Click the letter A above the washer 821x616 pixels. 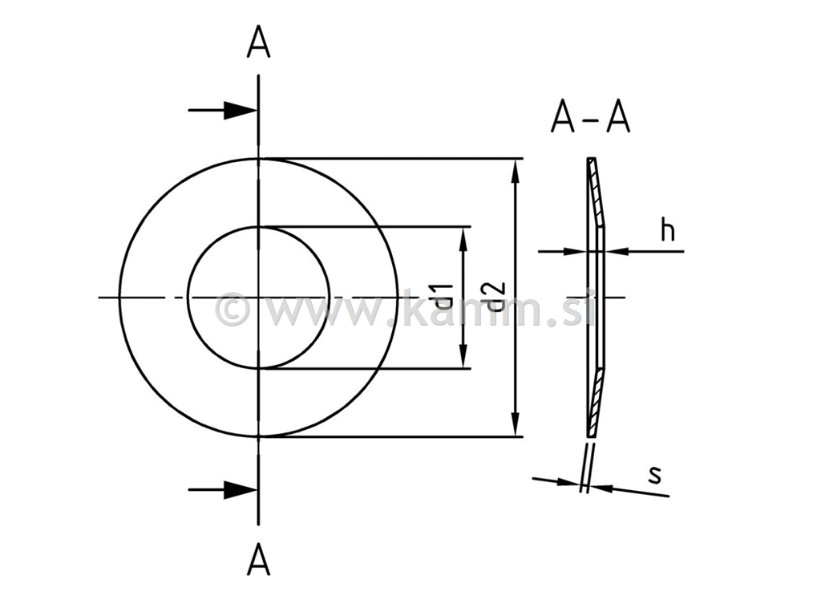[x=258, y=43]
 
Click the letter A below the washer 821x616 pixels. [x=258, y=559]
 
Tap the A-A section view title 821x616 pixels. [x=590, y=118]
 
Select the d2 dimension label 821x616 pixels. [x=495, y=297]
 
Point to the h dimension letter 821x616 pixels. [x=667, y=229]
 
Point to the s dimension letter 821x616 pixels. [x=655, y=474]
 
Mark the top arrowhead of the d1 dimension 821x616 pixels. [x=463, y=236]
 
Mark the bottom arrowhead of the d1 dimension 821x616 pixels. [x=463, y=359]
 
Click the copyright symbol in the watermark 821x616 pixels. [x=233, y=310]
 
